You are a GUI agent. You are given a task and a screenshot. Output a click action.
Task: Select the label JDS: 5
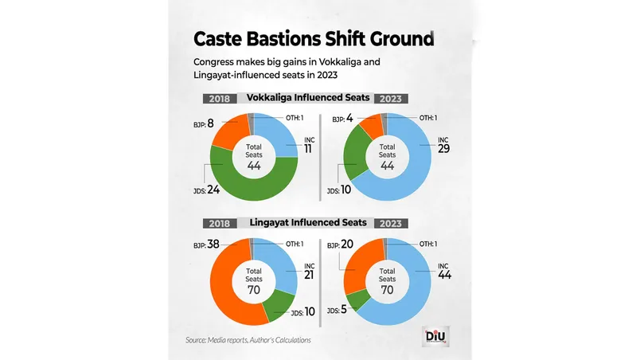[335, 309]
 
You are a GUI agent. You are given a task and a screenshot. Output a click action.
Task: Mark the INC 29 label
[444, 147]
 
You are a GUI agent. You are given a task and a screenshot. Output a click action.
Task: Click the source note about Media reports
[249, 341]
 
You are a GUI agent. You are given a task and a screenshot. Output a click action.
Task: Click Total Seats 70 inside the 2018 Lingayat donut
[253, 279]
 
